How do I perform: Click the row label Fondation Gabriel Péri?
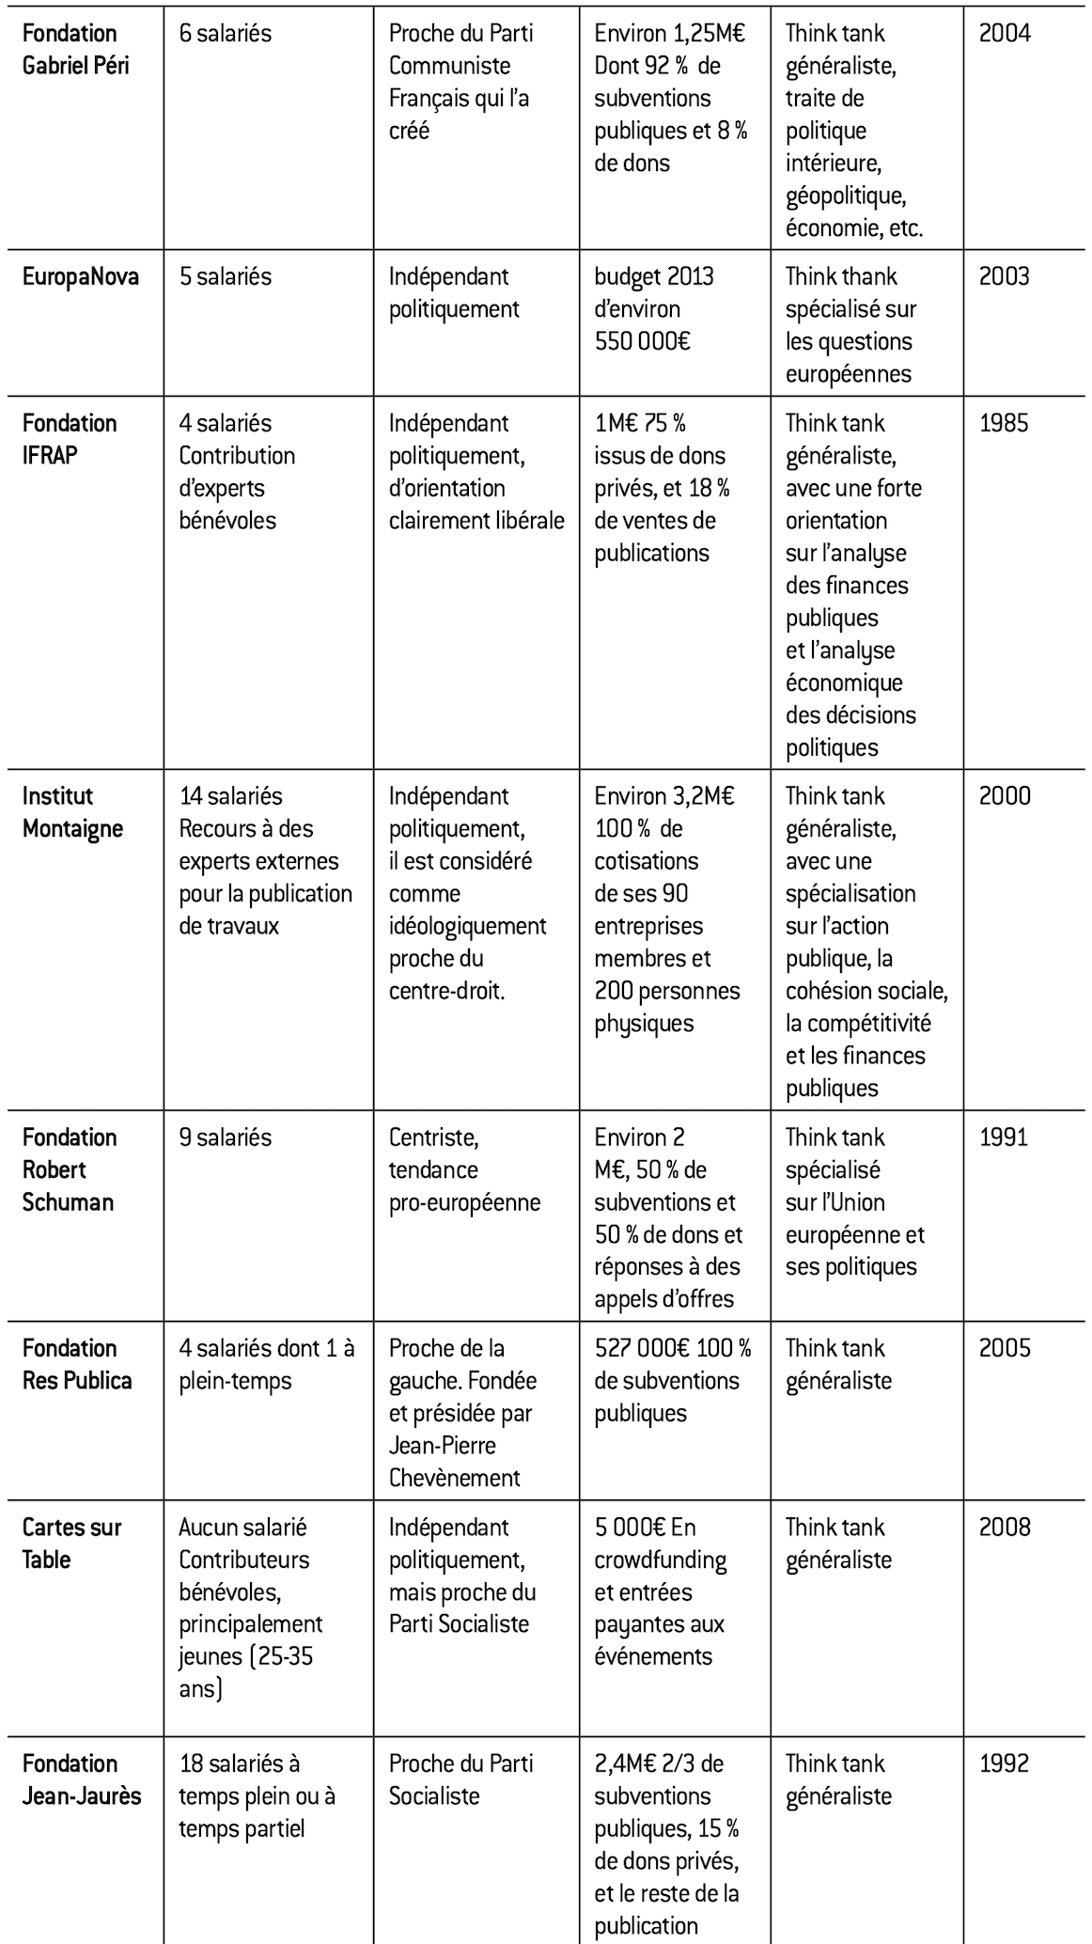tap(75, 49)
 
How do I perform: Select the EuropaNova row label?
tap(80, 276)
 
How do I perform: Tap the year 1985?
tap(1004, 423)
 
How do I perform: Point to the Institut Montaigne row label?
tap(72, 812)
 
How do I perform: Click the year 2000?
tap(1004, 796)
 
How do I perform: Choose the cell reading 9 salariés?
tap(225, 1137)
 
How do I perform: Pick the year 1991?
tap(1004, 1137)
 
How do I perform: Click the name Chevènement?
tap(454, 1478)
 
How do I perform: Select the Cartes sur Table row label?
tap(71, 1543)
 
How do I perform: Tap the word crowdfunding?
tap(660, 1560)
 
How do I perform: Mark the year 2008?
tap(1004, 1527)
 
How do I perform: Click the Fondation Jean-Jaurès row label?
tap(81, 1779)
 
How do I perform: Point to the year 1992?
tap(1004, 1764)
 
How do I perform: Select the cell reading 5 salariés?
tap(225, 276)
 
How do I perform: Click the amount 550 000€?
tap(642, 341)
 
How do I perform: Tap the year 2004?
tap(1004, 33)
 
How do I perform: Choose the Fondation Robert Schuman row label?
tap(70, 1169)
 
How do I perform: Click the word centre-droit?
tap(446, 991)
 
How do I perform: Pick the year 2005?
tap(1004, 1348)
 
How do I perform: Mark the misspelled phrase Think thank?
tap(841, 276)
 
